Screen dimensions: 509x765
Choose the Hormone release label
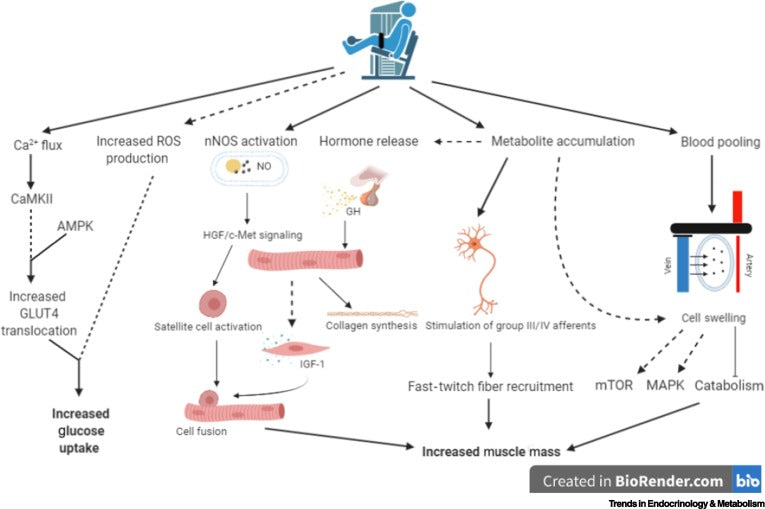[368, 142]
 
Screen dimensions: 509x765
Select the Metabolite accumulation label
[563, 142]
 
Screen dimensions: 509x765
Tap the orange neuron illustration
[482, 265]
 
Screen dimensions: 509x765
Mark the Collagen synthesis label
[369, 326]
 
